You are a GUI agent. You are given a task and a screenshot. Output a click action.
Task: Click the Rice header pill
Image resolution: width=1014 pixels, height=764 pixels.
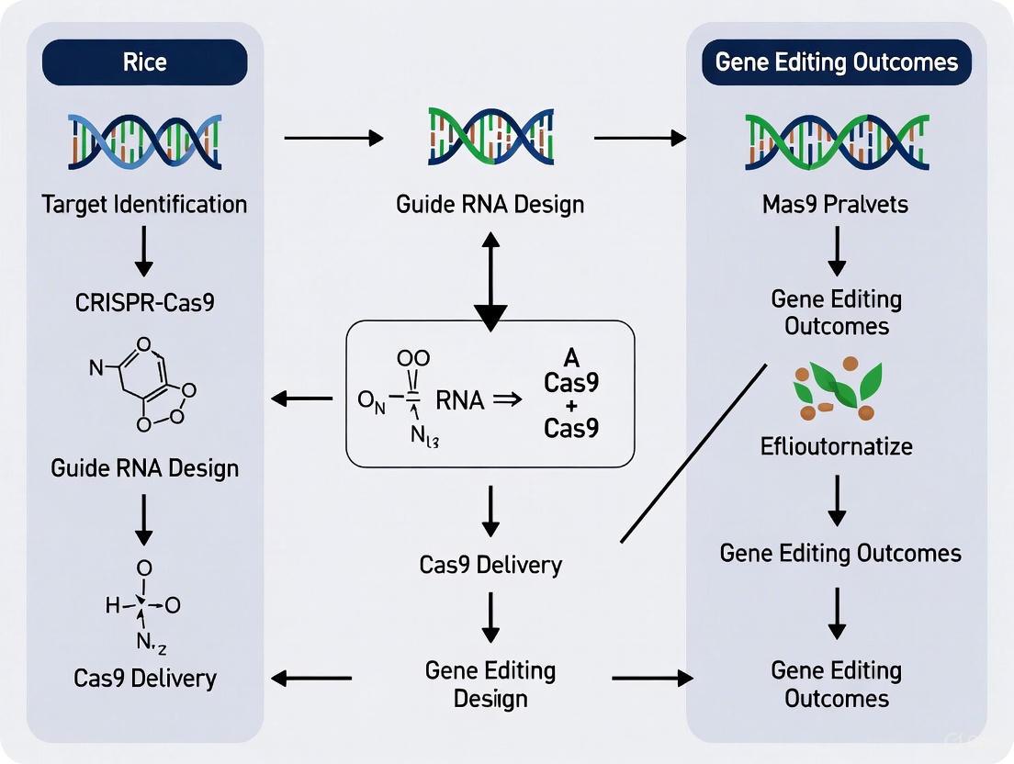[x=144, y=63]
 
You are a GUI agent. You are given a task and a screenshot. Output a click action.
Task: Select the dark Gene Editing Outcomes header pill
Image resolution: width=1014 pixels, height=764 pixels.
[x=836, y=63]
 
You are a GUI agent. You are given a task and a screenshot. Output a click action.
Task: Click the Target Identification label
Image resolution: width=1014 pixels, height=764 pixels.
[x=144, y=203]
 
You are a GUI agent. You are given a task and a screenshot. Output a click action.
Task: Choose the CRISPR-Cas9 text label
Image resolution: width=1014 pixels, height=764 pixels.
[x=144, y=301]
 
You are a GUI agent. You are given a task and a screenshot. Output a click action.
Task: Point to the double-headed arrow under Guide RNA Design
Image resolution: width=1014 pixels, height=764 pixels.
[x=490, y=279]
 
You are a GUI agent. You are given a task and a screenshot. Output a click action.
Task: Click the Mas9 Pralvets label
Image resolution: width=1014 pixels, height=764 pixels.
[x=836, y=203]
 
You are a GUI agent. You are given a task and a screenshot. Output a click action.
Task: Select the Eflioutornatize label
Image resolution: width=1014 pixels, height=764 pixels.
[x=836, y=447]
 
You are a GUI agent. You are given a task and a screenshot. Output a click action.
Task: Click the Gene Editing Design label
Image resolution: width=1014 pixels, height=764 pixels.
[x=490, y=684]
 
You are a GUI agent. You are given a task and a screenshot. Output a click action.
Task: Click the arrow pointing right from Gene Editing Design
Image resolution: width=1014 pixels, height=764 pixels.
[x=652, y=679]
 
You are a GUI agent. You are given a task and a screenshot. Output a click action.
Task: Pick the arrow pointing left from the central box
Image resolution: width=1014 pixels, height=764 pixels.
[x=302, y=399]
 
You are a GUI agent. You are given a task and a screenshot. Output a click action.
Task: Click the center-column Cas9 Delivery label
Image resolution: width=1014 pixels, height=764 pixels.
[x=490, y=564]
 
